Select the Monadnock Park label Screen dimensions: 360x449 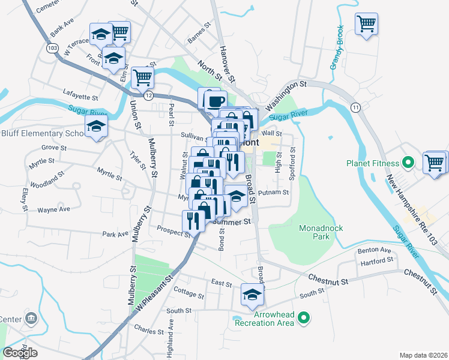pyautogui.click(x=315, y=232)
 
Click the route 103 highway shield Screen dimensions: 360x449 pyautogui.click(x=50, y=47)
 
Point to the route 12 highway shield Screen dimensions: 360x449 pyautogui.click(x=148, y=95)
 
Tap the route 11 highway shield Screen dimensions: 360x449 pyautogui.click(x=356, y=107)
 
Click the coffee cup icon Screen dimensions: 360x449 pyautogui.click(x=215, y=101)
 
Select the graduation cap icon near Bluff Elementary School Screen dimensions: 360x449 pyautogui.click(x=95, y=127)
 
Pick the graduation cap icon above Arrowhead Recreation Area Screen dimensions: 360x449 pyautogui.click(x=252, y=293)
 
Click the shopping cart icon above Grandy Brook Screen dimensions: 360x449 pyautogui.click(x=366, y=24)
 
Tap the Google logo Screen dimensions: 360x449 pyautogui.click(x=20, y=353)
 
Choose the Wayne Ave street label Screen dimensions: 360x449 pyautogui.click(x=53, y=209)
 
